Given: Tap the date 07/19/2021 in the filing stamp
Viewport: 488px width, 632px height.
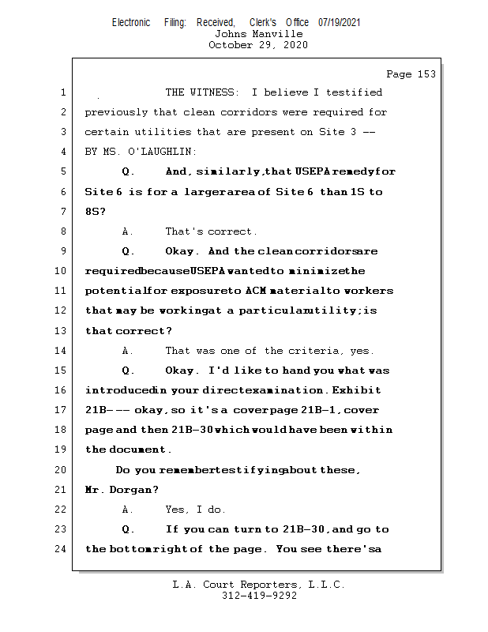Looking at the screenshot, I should coord(339,22).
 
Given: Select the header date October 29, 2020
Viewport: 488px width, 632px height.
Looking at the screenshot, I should coord(258,45).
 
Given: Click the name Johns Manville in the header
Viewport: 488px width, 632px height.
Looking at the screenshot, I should coord(258,34).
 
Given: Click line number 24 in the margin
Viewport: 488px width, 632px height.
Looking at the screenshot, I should coord(62,549).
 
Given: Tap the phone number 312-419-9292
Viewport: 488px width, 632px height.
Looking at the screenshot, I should coord(259,596).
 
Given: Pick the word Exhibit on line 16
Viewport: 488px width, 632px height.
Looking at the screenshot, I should coord(356,390).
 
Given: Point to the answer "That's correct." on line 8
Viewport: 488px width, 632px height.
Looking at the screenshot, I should coord(211,231).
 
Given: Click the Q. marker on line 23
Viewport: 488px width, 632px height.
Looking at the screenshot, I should coord(129,529).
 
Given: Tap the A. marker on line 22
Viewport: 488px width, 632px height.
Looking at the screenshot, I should coord(129,510).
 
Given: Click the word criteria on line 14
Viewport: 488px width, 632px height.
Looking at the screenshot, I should coord(317,351).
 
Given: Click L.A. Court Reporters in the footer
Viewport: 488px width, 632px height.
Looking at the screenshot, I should coord(235,585).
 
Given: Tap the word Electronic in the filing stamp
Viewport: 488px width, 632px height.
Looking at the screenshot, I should coord(131,22).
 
